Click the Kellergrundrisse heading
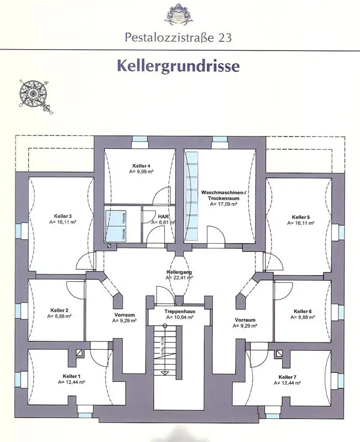(x=178, y=65)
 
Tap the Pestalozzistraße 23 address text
(x=178, y=38)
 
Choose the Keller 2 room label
(x=59, y=311)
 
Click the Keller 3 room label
(x=62, y=216)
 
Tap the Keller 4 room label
(x=141, y=166)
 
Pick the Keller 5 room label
(x=301, y=217)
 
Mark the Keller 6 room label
(x=303, y=311)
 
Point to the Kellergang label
(x=179, y=273)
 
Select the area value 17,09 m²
(x=223, y=204)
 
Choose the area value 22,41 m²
(x=179, y=278)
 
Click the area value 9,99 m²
(x=141, y=172)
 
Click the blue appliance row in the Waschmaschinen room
(x=192, y=196)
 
